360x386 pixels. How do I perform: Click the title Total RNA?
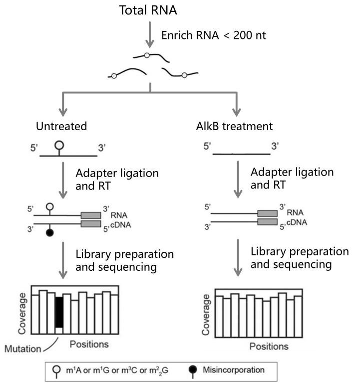[148, 10]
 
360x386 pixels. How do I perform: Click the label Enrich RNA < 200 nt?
[213, 35]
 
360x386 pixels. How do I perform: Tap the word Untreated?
[61, 126]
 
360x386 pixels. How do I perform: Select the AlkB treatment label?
[234, 126]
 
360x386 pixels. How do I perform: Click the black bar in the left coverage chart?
[59, 312]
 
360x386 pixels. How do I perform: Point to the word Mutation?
[22, 349]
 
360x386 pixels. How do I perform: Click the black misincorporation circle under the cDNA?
[50, 232]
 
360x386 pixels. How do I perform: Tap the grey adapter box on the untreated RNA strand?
[91, 215]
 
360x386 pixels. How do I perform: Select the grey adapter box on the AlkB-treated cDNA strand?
[267, 222]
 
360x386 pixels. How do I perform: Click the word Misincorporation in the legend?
[234, 370]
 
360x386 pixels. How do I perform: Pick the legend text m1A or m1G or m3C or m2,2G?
[117, 371]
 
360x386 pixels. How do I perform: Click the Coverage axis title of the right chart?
[206, 315]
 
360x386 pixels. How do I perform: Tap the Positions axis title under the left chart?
[89, 344]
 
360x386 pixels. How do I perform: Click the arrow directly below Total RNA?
[150, 34]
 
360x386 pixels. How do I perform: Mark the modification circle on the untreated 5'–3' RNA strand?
[59, 145]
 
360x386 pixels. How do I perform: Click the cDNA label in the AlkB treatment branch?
[297, 222]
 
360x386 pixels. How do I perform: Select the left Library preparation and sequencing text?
[125, 260]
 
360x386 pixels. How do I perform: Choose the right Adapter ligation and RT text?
[292, 179]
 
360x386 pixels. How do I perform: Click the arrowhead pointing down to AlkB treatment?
[237, 112]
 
